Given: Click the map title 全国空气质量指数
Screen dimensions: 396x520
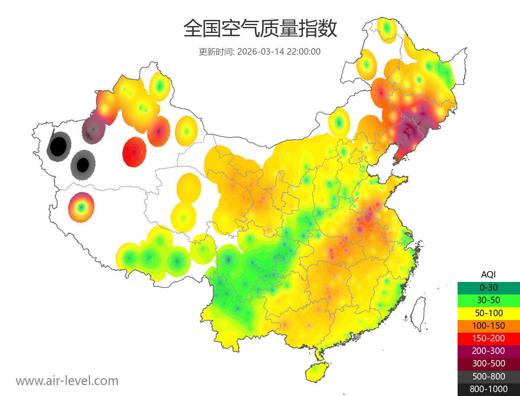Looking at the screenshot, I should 260,29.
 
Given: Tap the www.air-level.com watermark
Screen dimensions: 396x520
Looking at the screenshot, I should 67,381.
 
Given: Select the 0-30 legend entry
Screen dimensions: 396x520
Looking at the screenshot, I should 488,288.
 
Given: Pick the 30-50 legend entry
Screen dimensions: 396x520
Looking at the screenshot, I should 488,300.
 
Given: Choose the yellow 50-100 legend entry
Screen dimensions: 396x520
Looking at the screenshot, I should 488,313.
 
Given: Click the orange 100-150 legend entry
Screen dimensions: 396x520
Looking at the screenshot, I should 488,325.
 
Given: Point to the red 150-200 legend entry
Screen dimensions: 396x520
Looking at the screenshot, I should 488,338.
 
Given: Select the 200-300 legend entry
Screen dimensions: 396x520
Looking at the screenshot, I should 488,351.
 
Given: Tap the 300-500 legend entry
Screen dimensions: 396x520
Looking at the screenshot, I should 488,363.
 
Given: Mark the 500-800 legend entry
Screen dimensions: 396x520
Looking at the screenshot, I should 488,376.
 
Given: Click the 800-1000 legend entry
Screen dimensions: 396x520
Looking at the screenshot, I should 488,389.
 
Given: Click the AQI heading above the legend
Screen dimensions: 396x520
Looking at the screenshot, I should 488,275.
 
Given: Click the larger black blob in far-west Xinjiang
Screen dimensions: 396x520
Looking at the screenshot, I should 58,146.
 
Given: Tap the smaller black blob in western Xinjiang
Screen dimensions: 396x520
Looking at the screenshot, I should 82,165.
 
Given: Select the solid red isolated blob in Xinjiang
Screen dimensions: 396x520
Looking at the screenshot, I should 134,152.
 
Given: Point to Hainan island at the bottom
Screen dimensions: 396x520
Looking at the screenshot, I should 316,372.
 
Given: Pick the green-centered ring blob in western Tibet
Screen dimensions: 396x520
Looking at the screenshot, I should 81,207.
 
